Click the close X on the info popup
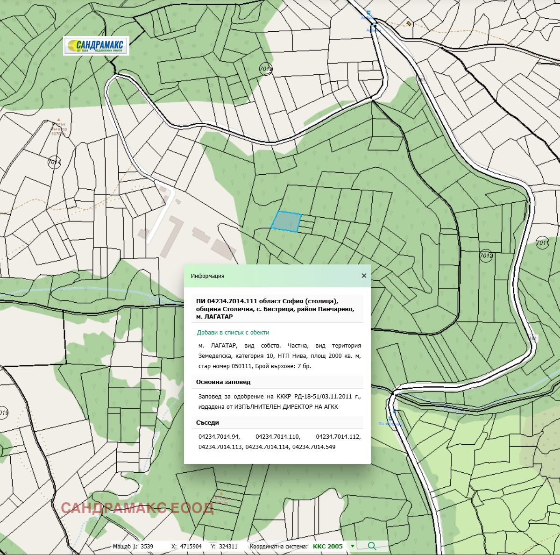(x=364, y=276)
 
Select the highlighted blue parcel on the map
(x=286, y=221)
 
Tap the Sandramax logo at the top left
(x=96, y=46)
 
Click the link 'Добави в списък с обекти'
(x=233, y=333)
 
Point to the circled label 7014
(x=54, y=163)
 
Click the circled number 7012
(x=486, y=256)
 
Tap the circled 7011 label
(x=542, y=242)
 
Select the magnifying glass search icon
(x=372, y=546)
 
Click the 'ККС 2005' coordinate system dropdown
(x=333, y=546)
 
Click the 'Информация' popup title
(x=207, y=276)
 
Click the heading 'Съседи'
(x=207, y=423)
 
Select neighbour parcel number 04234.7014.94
(x=219, y=437)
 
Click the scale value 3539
(x=147, y=546)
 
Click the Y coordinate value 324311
(x=228, y=546)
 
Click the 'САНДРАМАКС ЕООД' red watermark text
(x=137, y=508)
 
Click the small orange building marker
(x=409, y=23)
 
